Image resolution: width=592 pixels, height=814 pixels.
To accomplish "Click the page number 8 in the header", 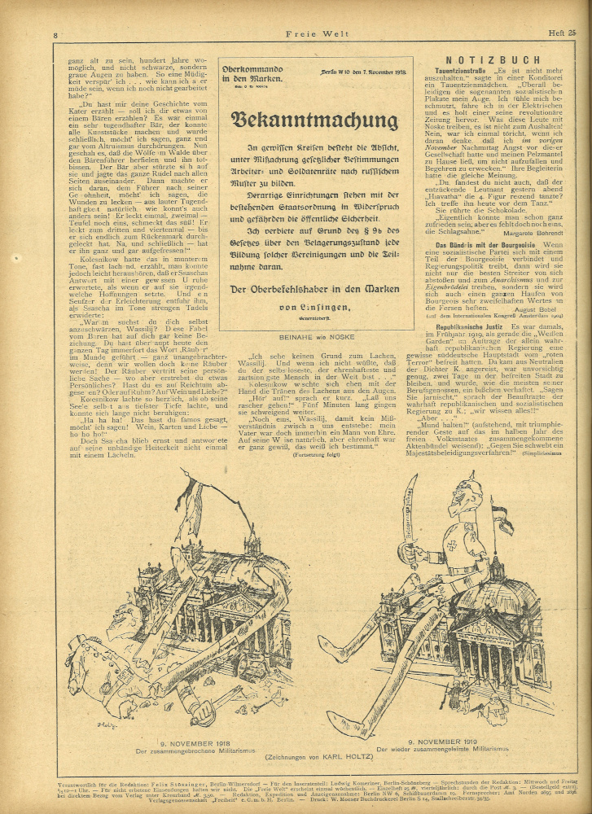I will (55, 35).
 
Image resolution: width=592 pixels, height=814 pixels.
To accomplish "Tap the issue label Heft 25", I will (559, 33).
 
